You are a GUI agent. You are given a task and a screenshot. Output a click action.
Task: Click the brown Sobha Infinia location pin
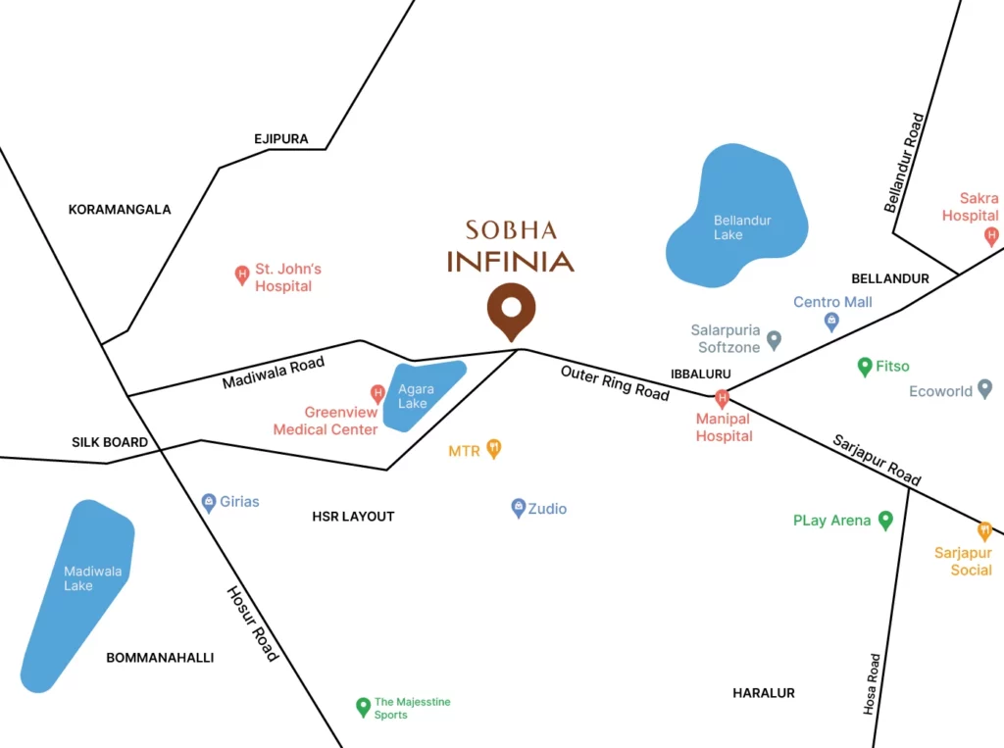click(511, 310)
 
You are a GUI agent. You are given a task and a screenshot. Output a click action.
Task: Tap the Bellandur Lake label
click(742, 227)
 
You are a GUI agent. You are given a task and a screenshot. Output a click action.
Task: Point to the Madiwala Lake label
click(78, 578)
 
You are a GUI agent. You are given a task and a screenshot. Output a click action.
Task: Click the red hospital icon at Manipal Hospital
click(723, 398)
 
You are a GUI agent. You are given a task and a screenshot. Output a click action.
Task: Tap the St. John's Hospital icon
click(242, 275)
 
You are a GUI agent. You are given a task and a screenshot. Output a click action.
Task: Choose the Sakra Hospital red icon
click(991, 235)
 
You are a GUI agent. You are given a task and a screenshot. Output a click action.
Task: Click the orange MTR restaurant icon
click(494, 449)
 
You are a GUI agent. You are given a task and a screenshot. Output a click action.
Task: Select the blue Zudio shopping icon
click(519, 508)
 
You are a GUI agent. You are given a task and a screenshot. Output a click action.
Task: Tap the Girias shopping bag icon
click(209, 502)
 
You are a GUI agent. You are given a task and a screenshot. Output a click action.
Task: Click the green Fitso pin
click(865, 367)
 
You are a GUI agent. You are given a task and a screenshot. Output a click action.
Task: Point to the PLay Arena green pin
click(885, 520)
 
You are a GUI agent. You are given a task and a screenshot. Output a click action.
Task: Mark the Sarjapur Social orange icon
click(985, 530)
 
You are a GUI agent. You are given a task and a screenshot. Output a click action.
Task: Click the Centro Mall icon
click(831, 321)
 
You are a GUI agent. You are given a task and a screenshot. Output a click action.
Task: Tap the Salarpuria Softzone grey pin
click(774, 340)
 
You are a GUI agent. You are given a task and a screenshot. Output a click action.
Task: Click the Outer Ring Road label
click(615, 382)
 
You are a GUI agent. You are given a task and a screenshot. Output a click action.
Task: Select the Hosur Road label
click(253, 623)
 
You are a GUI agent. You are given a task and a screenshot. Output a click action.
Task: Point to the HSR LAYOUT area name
click(353, 517)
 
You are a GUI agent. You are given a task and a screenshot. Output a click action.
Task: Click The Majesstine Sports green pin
click(363, 706)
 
